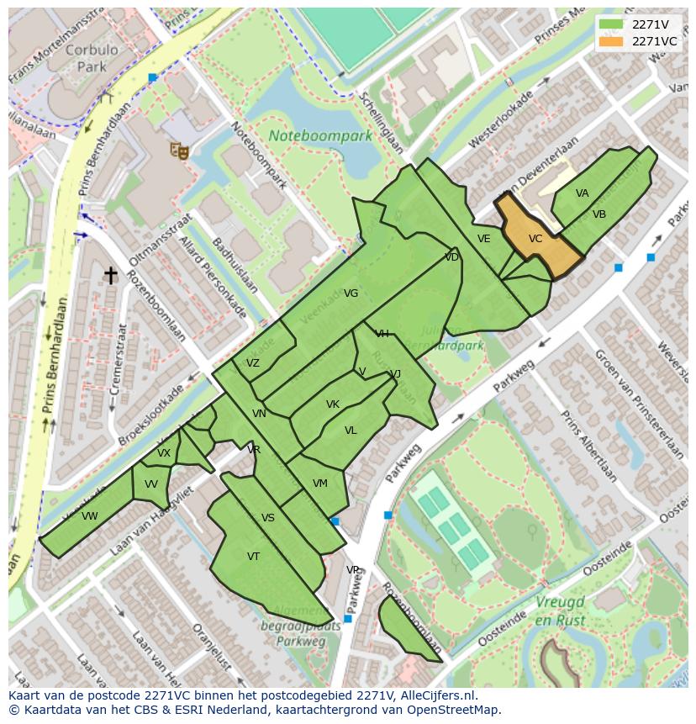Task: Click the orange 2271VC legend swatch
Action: pos(610,41)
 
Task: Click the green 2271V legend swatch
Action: pos(610,24)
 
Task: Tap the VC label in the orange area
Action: pos(535,239)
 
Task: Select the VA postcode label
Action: pos(582,193)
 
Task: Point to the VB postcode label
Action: pos(599,214)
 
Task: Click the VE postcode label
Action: pos(483,239)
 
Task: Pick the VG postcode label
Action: pos(351,293)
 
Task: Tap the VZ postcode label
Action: pos(252,363)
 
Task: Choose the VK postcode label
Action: pos(332,404)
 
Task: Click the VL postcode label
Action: pos(351,431)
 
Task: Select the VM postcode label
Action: pos(319,484)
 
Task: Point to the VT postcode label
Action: pos(253,557)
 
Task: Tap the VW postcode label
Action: pos(90,516)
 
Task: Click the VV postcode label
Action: pos(151,484)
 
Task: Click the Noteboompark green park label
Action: pos(320,135)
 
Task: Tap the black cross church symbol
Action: pos(110,275)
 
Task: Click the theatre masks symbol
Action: pos(177,150)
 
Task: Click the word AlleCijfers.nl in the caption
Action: pos(436,695)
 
